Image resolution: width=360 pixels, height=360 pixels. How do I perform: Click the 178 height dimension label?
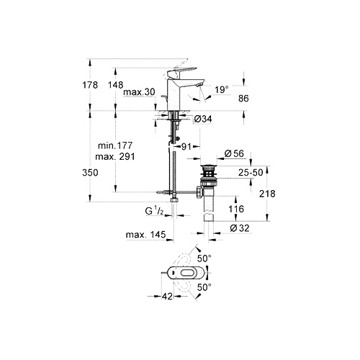pos(90,85)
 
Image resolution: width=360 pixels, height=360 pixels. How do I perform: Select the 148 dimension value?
pos(115,85)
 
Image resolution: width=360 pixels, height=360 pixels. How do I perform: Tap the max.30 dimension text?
pos(139,91)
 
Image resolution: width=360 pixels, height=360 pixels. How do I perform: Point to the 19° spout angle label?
pos(222,90)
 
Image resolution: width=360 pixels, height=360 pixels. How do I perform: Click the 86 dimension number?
pos(243,99)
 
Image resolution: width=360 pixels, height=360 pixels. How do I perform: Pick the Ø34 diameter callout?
pos(203,119)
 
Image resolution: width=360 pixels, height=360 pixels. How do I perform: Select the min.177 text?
pos(115,145)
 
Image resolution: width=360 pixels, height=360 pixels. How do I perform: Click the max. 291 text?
pos(115,157)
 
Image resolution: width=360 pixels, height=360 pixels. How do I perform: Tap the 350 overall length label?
pos(90,173)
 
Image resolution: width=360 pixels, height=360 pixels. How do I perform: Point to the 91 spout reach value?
pos(186,147)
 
